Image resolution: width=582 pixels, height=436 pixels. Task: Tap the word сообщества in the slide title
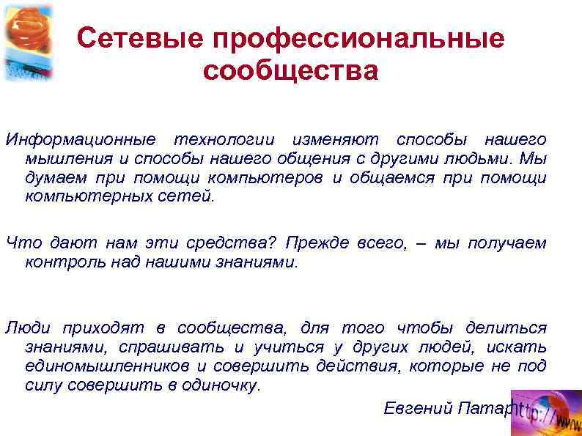pos(291,72)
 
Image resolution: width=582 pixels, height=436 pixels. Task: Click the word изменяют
pos(335,139)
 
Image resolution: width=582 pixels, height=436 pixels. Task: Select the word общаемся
pos(389,177)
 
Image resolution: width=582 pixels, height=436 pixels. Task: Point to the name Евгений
pos(416,408)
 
